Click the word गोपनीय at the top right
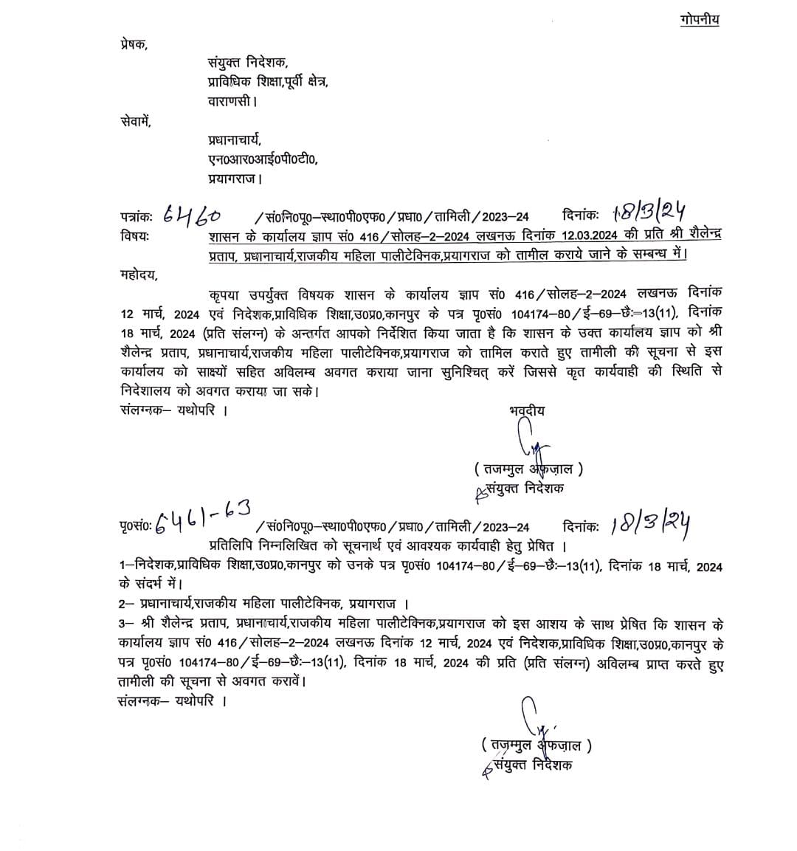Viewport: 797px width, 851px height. coord(698,19)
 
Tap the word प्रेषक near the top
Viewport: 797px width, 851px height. coord(133,44)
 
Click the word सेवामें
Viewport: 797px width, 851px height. coord(135,121)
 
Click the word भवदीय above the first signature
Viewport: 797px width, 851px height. coord(527,411)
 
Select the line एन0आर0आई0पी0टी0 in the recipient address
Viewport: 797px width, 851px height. coord(263,159)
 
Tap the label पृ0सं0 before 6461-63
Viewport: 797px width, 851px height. coord(136,527)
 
